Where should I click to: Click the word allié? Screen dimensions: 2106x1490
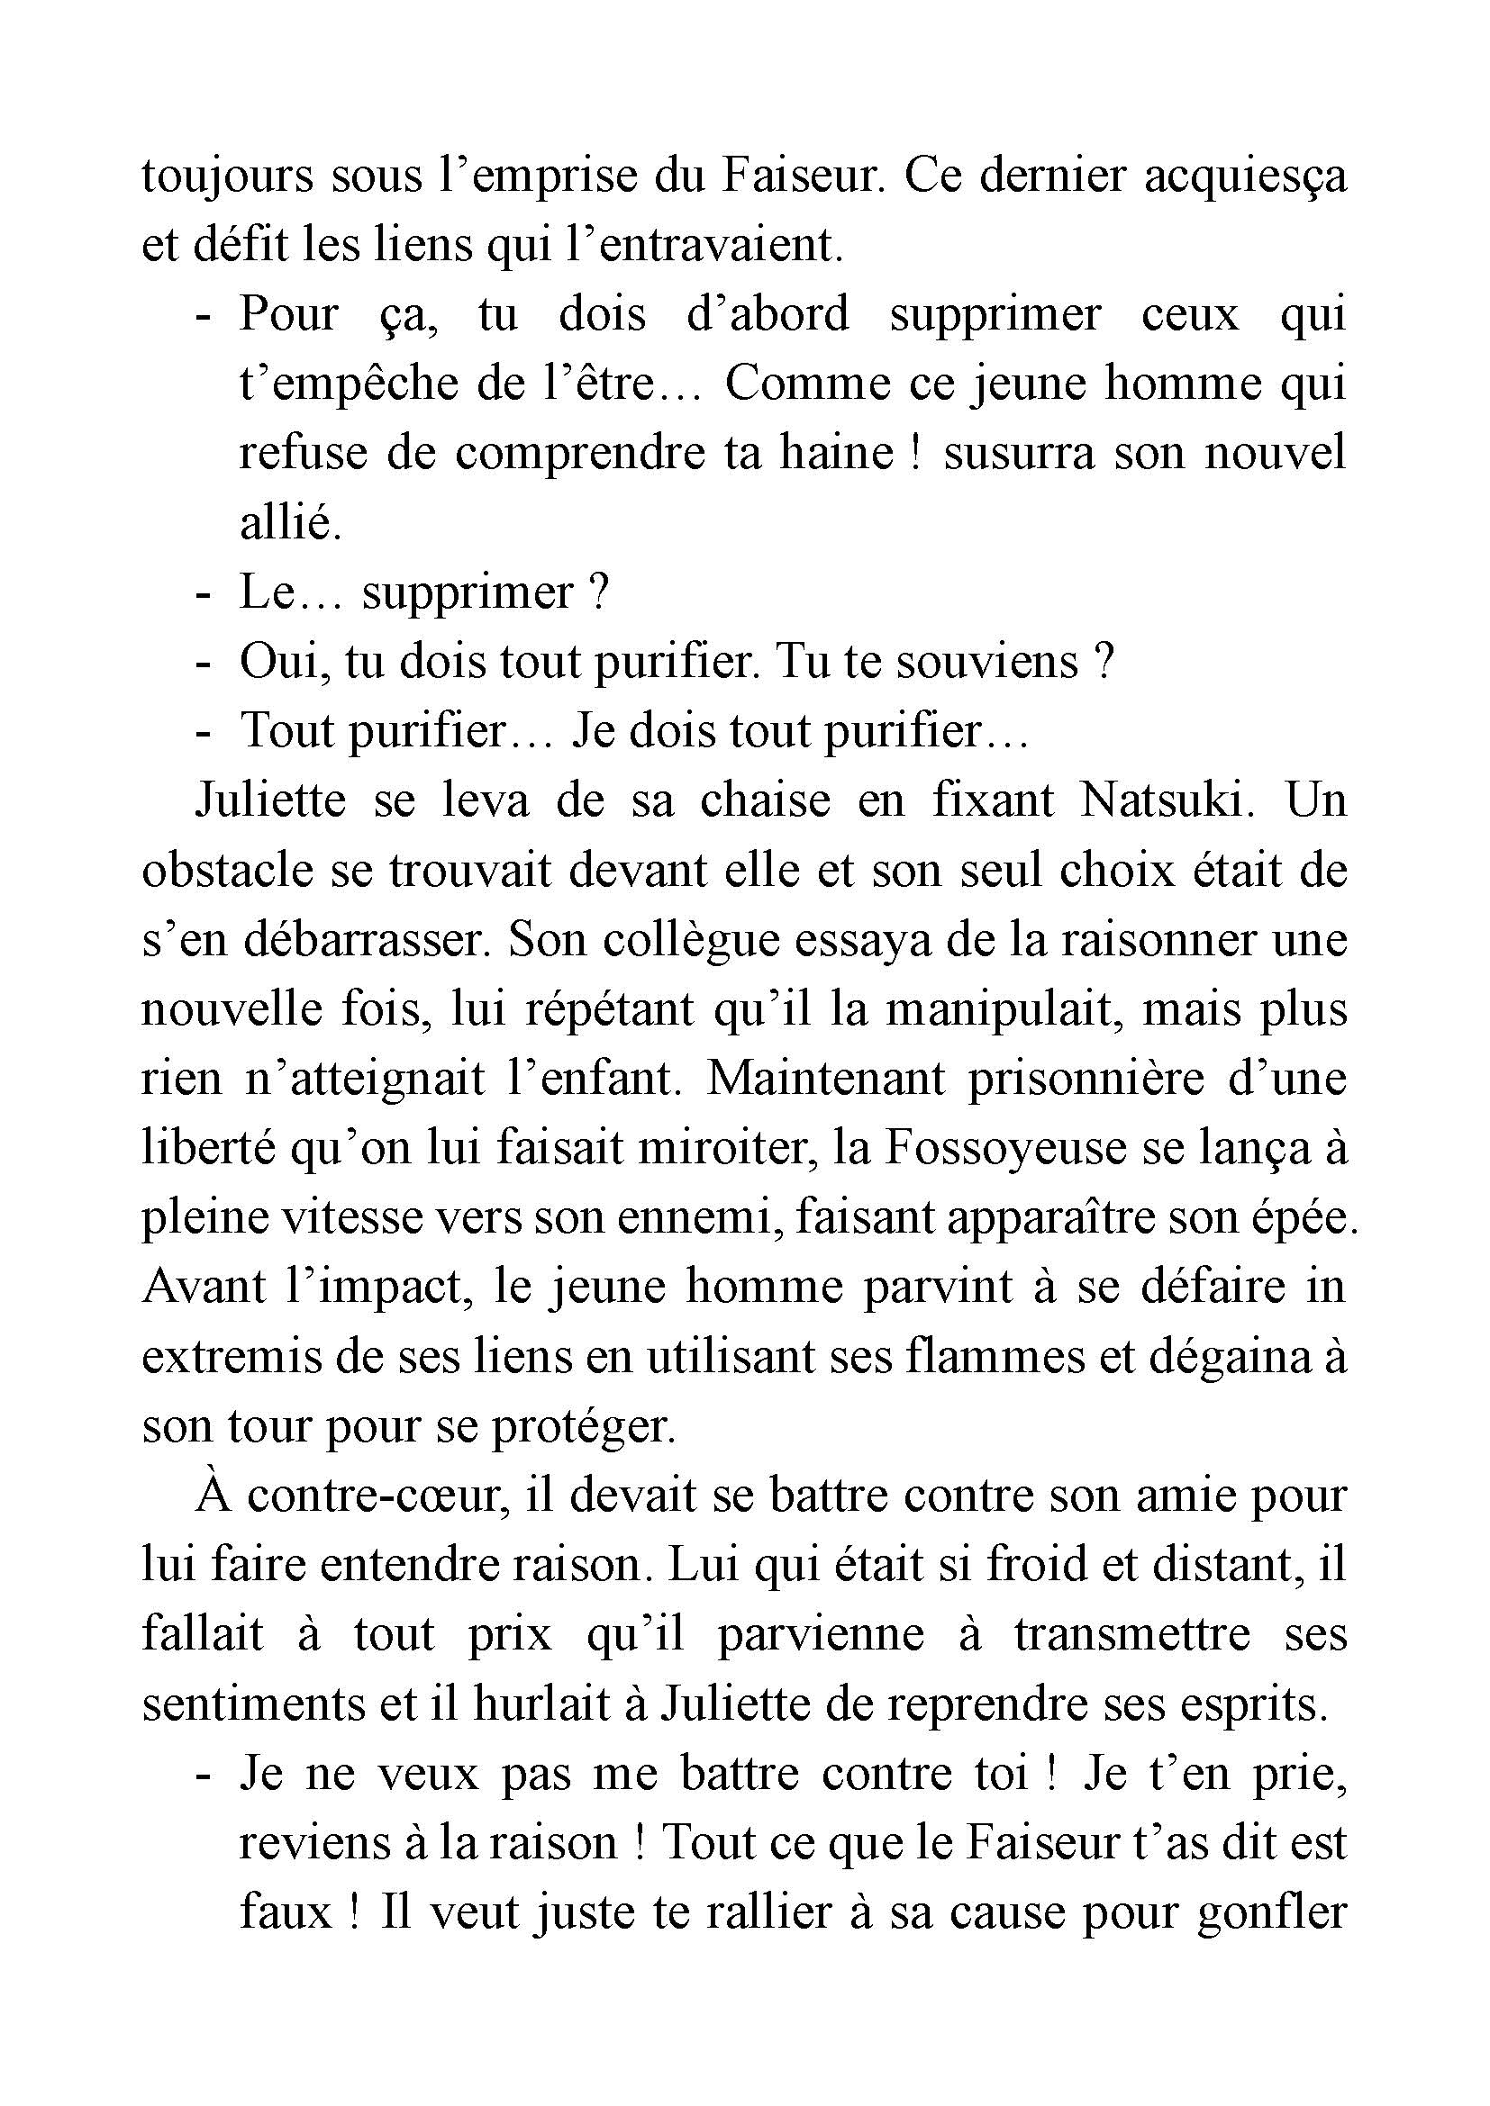click(290, 524)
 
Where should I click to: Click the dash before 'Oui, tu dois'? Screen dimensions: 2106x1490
click(204, 663)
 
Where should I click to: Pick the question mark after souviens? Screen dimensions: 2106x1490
click(1104, 662)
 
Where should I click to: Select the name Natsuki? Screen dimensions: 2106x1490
click(1162, 800)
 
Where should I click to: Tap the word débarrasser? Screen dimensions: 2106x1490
click(366, 940)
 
